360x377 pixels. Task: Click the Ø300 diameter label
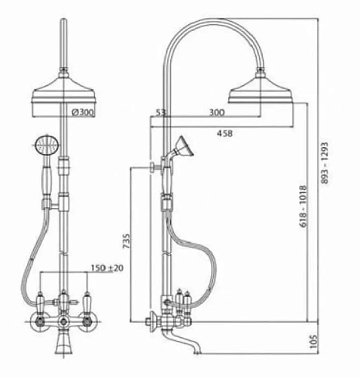[83, 112]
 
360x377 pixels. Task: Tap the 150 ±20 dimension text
[107, 268]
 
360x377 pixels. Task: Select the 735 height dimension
[127, 241]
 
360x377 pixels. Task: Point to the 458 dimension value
[224, 133]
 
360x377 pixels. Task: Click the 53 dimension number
[160, 112]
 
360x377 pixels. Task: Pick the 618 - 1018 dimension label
[304, 207]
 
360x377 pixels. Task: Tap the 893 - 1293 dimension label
[325, 163]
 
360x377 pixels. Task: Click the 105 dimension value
[313, 342]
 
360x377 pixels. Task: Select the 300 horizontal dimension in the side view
[217, 112]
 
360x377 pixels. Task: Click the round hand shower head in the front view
[47, 145]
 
